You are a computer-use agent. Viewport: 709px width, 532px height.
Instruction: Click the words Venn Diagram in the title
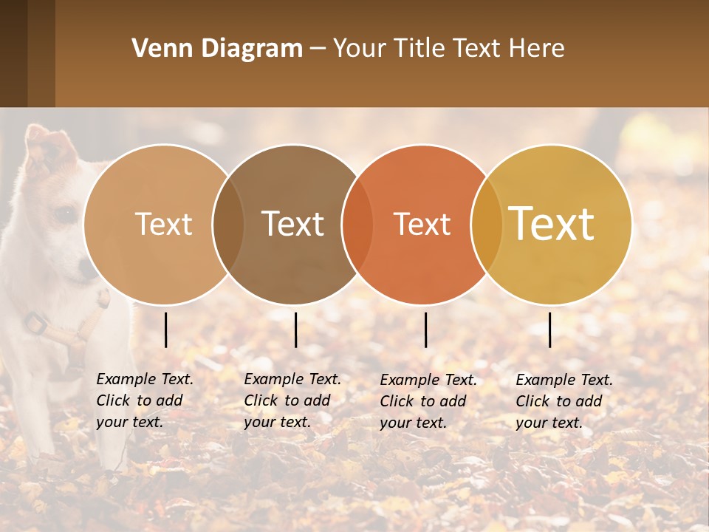[216, 49]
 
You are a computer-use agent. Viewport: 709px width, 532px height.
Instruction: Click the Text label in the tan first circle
[163, 224]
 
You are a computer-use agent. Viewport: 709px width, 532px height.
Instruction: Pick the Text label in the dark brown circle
[293, 224]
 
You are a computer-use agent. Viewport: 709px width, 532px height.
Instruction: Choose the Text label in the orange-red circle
[422, 224]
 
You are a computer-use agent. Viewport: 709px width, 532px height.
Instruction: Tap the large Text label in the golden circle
[552, 224]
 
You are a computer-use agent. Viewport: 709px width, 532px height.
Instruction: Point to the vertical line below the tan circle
[166, 330]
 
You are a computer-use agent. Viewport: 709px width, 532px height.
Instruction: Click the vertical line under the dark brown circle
[295, 330]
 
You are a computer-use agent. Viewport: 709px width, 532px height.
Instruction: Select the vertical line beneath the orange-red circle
[426, 330]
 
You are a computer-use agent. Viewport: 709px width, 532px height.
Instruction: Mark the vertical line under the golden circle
[550, 330]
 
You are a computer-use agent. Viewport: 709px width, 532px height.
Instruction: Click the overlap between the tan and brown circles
[228, 224]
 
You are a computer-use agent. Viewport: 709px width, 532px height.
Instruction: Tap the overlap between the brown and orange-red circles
[357, 224]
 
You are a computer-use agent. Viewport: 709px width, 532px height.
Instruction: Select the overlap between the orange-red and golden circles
[486, 224]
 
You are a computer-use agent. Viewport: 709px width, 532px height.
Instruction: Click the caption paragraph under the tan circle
[145, 400]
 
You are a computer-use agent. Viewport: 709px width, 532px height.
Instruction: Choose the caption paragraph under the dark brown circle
[292, 400]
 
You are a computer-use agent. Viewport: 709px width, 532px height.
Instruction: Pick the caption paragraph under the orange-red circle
[428, 401]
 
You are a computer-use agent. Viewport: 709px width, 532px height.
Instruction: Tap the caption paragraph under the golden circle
[564, 401]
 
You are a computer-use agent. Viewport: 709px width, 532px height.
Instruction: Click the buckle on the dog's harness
[35, 323]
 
